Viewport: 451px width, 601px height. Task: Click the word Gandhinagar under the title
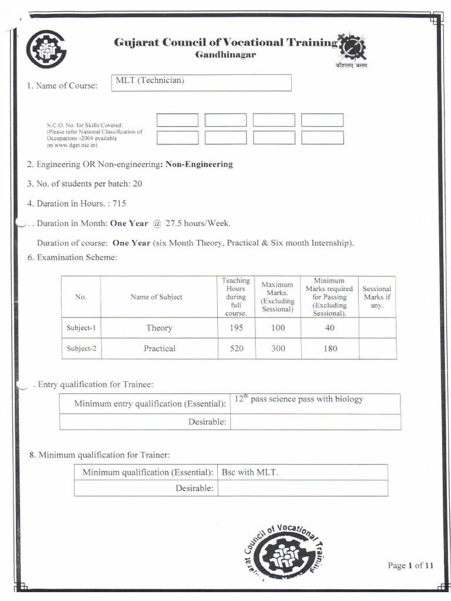(225, 55)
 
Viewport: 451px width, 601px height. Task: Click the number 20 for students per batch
(137, 184)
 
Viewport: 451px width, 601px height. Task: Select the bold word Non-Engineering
(199, 164)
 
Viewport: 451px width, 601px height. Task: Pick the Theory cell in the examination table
(159, 328)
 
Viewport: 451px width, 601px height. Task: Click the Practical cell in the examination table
(159, 348)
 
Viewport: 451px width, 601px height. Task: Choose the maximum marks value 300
(278, 348)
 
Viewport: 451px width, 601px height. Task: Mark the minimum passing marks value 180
(330, 348)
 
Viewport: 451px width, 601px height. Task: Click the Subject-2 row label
(81, 348)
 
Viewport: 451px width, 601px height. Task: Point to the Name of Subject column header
(156, 297)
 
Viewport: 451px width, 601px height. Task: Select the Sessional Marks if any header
(376, 297)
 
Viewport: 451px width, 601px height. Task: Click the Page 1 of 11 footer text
(410, 565)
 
